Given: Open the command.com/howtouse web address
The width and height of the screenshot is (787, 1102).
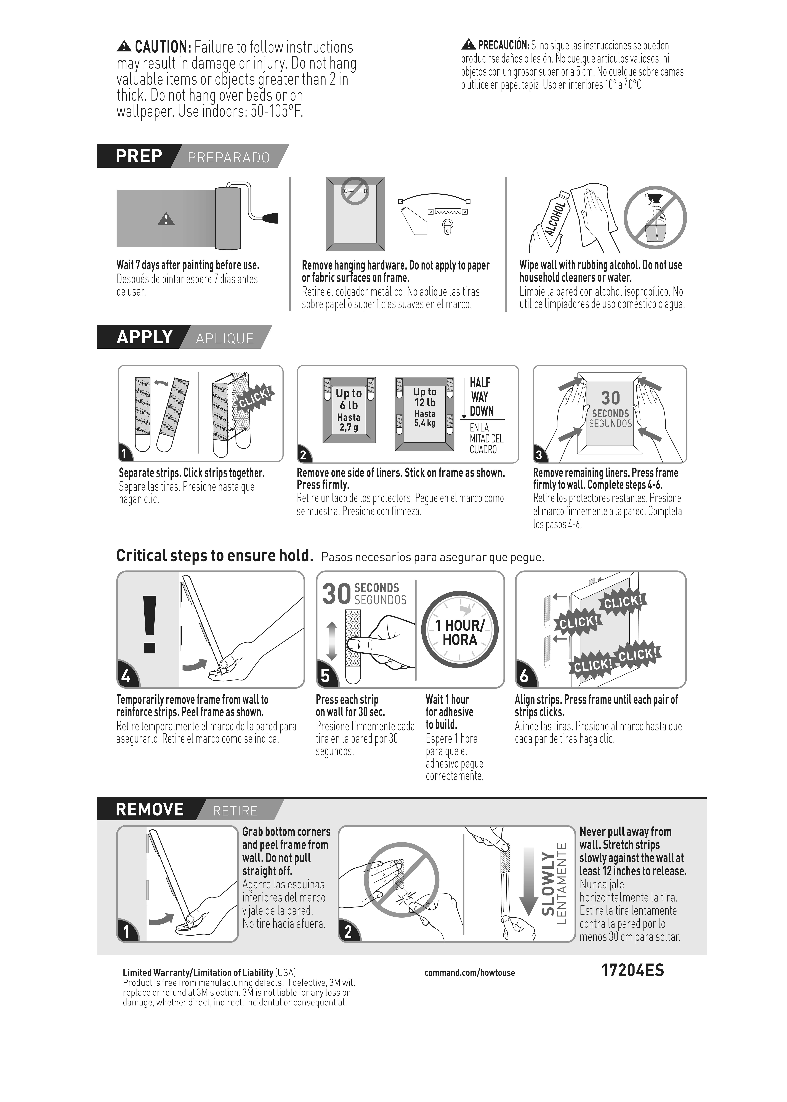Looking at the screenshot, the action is coord(470,973).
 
